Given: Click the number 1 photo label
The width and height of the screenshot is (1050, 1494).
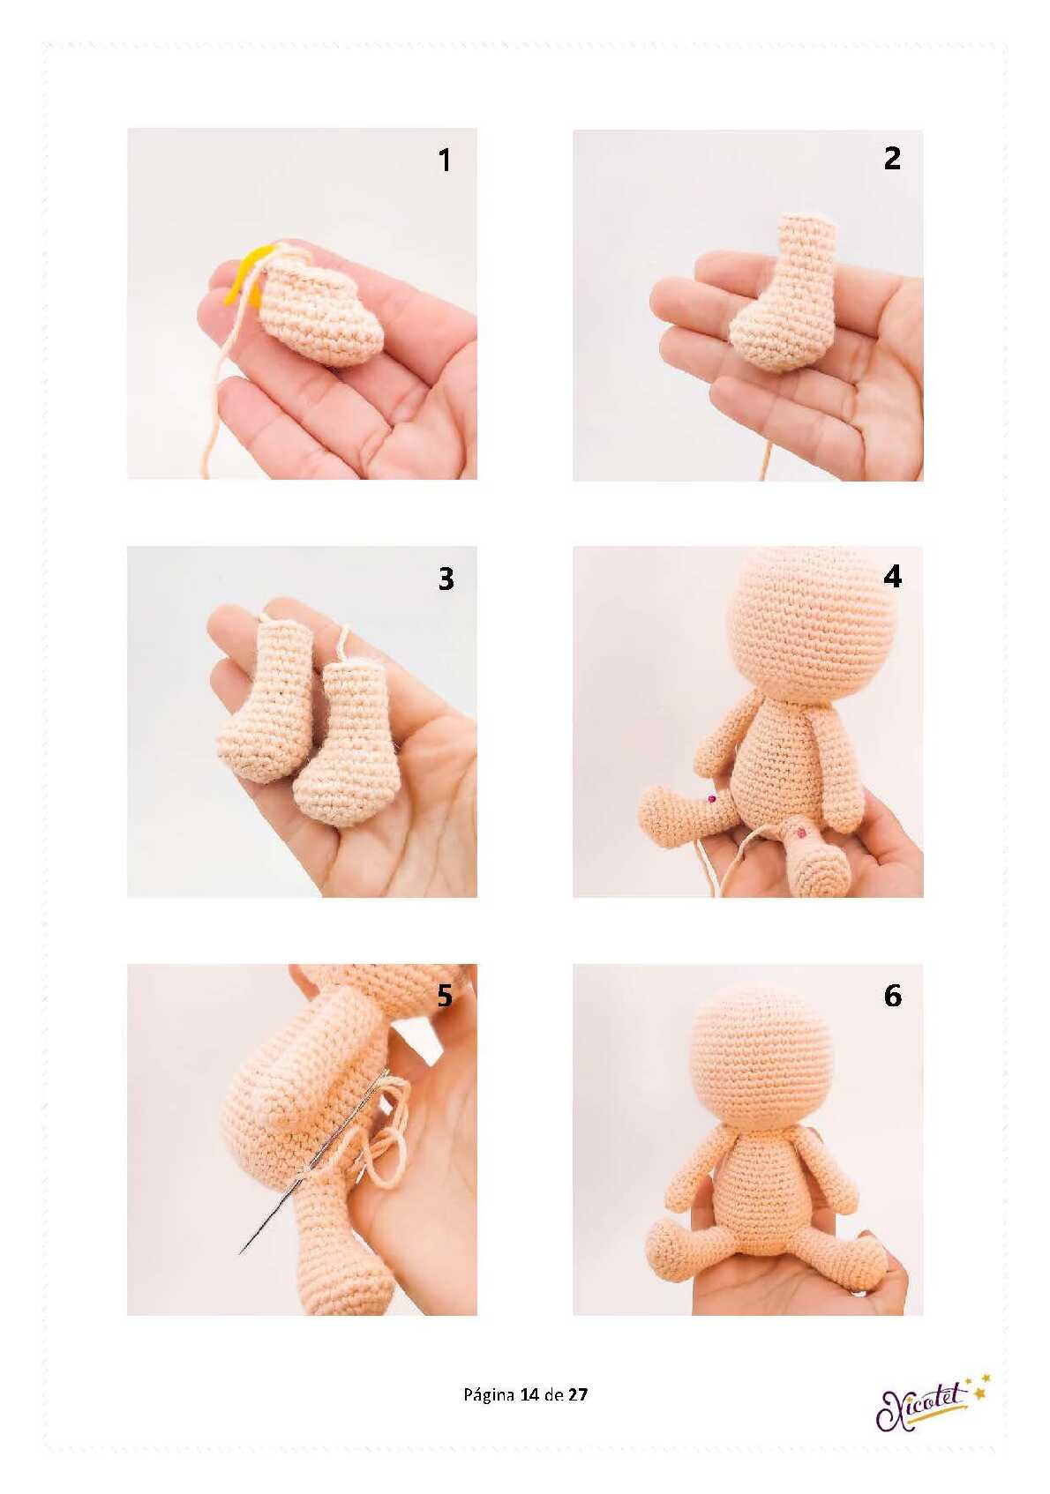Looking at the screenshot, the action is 445,161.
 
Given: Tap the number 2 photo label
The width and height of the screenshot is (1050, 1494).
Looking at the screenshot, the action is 891,159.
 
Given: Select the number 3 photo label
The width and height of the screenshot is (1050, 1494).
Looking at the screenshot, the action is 446,579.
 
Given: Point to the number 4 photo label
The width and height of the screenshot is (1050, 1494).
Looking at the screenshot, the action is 892,576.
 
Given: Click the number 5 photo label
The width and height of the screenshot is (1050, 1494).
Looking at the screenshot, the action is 445,995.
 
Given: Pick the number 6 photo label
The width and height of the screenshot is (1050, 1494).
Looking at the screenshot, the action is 892,995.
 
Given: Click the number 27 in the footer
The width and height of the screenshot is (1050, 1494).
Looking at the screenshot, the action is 578,1394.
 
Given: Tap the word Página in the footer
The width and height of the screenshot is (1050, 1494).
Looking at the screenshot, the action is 488,1395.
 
